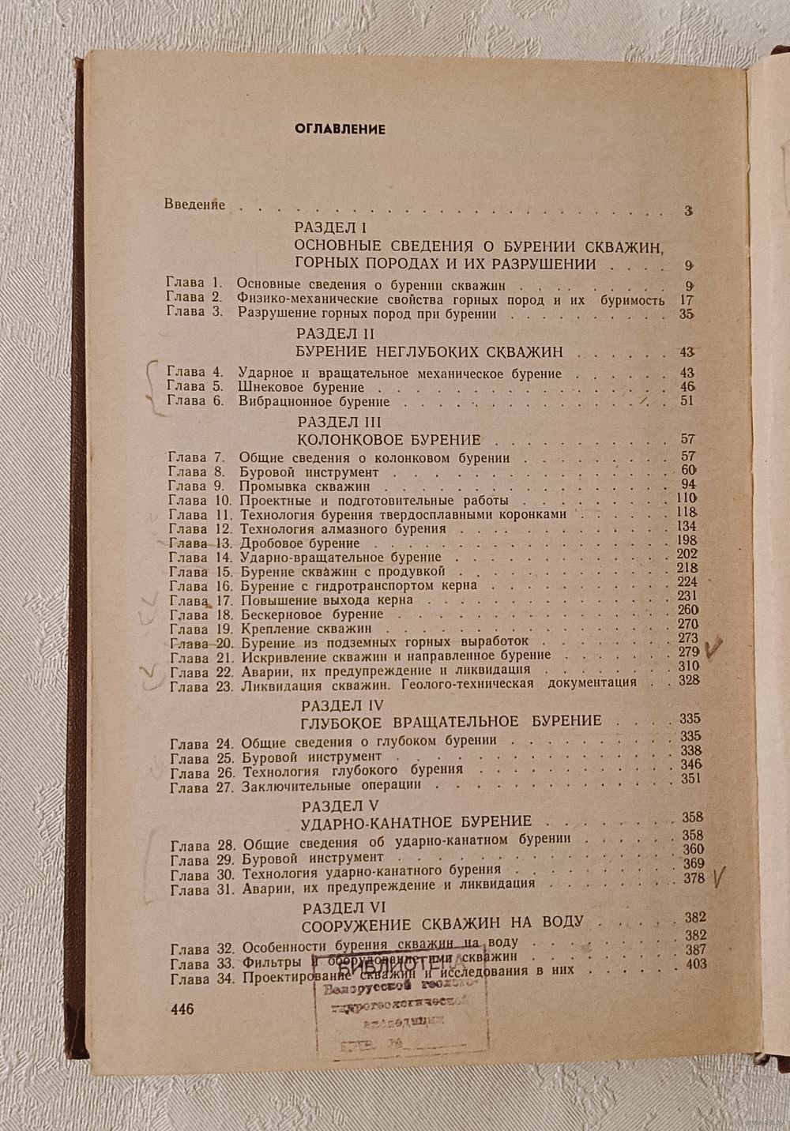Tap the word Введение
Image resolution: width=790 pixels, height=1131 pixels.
pyautogui.click(x=195, y=205)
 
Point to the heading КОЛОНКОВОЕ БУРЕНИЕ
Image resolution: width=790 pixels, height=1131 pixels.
pyautogui.click(x=392, y=439)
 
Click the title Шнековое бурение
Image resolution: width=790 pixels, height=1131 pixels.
pyautogui.click(x=301, y=387)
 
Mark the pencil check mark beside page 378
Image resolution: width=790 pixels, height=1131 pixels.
pyautogui.click(x=718, y=877)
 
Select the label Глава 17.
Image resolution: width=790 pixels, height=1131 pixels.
pyautogui.click(x=190, y=600)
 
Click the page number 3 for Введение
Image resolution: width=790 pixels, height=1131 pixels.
pyautogui.click(x=688, y=211)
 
